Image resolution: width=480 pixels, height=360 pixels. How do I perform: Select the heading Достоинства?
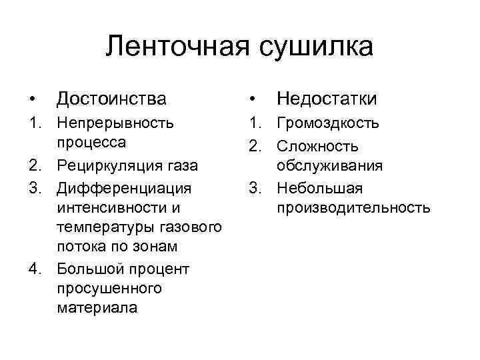click(111, 99)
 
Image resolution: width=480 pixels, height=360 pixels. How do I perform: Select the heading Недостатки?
click(327, 99)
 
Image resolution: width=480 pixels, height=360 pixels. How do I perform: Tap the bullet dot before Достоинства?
click(32, 100)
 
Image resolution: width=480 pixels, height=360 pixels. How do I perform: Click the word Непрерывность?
click(115, 123)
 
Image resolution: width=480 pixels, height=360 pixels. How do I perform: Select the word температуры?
click(102, 227)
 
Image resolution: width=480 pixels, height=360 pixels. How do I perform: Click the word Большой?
click(90, 269)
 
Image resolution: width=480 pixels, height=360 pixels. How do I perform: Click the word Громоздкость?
click(329, 123)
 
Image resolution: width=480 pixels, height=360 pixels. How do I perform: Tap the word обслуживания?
click(331, 165)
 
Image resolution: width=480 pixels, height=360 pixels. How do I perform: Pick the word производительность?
click(354, 207)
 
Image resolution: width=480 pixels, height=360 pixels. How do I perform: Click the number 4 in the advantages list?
click(34, 269)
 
